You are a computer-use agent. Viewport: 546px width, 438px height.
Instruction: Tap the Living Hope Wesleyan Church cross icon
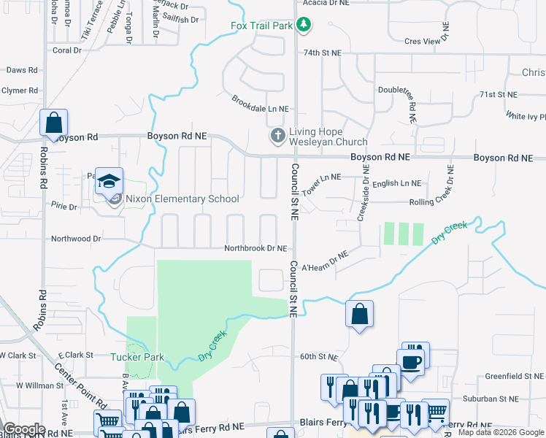(x=277, y=136)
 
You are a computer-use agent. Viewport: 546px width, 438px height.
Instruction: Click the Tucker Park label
(x=136, y=357)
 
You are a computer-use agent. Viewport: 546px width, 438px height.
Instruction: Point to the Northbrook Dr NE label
(x=255, y=248)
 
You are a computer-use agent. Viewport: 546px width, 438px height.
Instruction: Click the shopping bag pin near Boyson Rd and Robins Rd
(x=54, y=123)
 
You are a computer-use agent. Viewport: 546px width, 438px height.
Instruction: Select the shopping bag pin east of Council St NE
(x=359, y=314)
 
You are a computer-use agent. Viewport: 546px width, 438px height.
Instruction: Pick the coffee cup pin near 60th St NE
(x=410, y=360)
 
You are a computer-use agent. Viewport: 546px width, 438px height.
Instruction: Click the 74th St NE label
(x=323, y=53)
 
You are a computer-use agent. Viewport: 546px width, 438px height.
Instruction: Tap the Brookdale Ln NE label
(x=260, y=104)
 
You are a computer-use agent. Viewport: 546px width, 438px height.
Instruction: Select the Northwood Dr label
(x=76, y=239)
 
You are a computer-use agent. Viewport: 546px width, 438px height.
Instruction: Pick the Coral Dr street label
(x=67, y=50)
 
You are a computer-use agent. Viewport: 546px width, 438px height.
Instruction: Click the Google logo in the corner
(x=24, y=429)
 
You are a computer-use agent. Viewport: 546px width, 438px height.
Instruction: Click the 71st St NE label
(x=498, y=95)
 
